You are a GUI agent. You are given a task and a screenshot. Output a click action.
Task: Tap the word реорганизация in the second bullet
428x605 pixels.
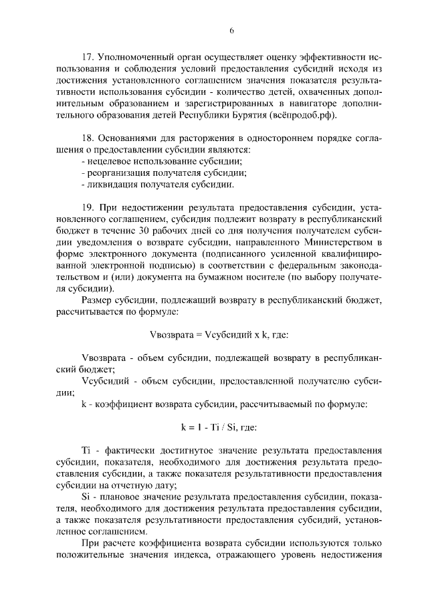click(116, 175)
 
